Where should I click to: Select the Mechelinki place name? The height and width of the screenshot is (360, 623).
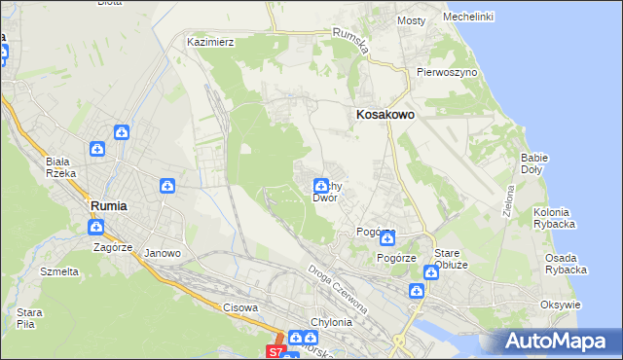click(x=468, y=17)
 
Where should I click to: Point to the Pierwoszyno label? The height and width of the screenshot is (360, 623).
click(x=446, y=72)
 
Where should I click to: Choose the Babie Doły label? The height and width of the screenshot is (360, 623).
click(x=534, y=162)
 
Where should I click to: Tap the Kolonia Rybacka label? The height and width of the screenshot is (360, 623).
click(x=555, y=218)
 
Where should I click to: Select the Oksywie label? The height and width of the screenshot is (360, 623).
click(x=560, y=305)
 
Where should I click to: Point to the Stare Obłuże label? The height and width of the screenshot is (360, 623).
click(x=453, y=258)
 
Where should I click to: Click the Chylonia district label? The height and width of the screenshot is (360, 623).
click(x=329, y=322)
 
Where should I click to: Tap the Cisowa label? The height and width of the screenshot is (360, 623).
click(x=240, y=307)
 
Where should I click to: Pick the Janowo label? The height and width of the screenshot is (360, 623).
click(x=163, y=253)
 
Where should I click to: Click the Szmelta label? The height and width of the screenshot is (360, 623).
click(x=59, y=271)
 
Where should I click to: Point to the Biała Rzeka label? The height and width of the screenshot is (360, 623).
click(x=60, y=167)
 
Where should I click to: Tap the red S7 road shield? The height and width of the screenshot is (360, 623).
click(x=276, y=351)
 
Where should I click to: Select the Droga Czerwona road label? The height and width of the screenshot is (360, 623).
click(x=338, y=288)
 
